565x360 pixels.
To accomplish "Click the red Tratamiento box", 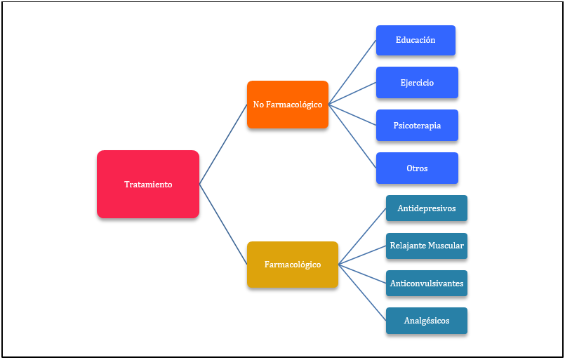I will tap(148, 184).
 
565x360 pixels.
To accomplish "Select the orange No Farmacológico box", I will tap(288, 105).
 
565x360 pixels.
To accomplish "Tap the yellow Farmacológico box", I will tap(293, 265).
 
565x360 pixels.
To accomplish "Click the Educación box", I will tap(416, 40).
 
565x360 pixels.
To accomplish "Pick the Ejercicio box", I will tap(417, 83).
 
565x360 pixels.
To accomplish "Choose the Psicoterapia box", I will tap(417, 126).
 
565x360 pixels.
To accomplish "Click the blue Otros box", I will tap(417, 168).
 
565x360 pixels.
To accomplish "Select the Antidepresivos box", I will tap(426, 208).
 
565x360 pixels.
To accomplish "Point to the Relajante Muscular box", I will tap(426, 246).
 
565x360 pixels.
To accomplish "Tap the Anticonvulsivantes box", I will tap(426, 284).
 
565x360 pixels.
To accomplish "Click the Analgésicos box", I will tap(426, 321).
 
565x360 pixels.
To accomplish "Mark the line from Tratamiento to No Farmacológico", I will tap(223, 145).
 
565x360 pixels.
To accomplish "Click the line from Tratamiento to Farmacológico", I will tap(223, 225).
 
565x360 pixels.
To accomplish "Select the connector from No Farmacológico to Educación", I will tap(352, 72).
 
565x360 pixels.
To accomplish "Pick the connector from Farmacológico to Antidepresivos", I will tap(362, 236).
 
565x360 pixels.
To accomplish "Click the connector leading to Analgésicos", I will tap(362, 293).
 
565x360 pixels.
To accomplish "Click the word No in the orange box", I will tap(258, 105).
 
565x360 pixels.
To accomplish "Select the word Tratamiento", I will tap(148, 185).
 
